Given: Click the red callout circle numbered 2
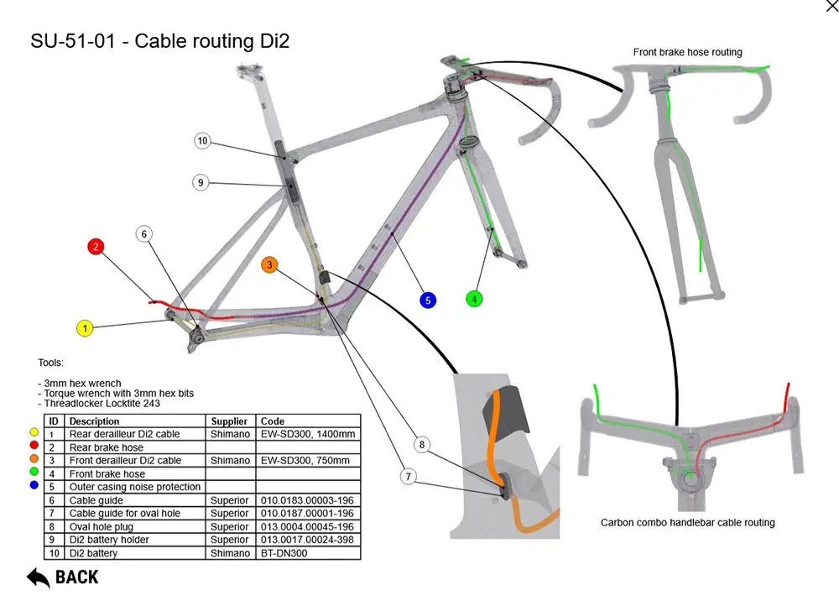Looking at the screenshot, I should tap(96, 247).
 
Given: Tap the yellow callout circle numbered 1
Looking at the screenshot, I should tap(85, 329).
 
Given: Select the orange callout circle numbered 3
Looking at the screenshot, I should tap(269, 264).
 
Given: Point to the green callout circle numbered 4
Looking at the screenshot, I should tap(475, 298).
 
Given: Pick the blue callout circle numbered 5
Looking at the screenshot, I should tap(428, 300).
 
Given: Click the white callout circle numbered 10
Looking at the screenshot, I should tap(202, 141).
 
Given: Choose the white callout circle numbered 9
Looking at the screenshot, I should tap(200, 181).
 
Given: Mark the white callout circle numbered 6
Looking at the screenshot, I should tap(144, 233).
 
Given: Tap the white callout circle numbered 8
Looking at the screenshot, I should tap(423, 444).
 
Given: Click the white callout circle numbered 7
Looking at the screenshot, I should tap(409, 477).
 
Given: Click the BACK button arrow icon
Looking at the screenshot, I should tap(39, 577).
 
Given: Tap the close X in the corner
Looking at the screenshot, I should tap(831, 7).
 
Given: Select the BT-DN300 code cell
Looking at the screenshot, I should tap(284, 553).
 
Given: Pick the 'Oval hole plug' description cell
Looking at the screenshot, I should tap(102, 526).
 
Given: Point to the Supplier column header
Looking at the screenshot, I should tap(229, 421).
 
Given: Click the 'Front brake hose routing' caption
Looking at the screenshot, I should tap(687, 52).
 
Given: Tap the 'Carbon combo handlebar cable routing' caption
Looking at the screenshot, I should tap(687, 522).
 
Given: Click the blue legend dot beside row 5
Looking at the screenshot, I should tap(34, 486).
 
